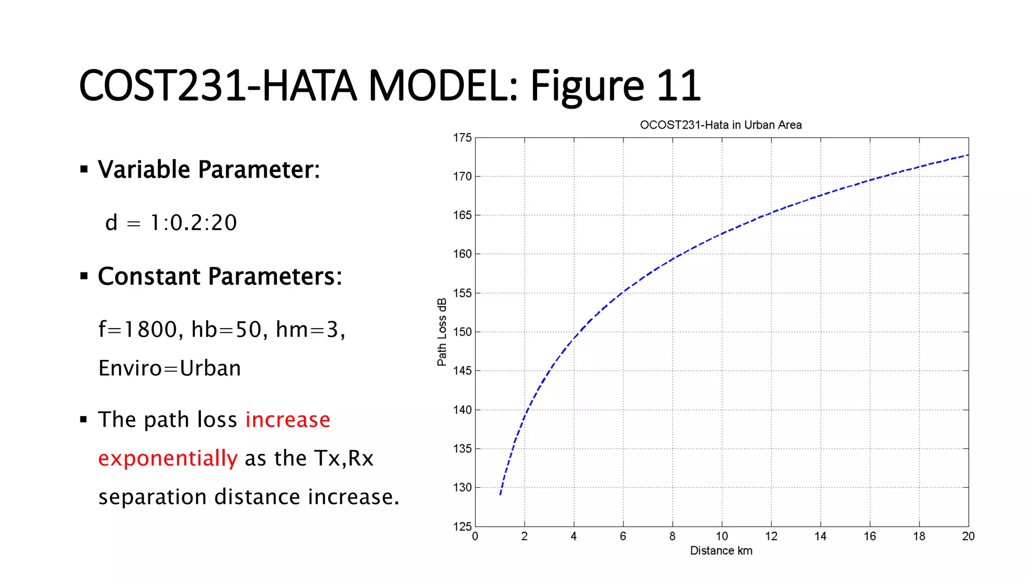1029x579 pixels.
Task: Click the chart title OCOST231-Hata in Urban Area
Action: click(x=721, y=125)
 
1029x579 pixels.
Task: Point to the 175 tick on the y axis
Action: click(x=462, y=138)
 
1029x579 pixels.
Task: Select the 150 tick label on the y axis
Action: click(x=462, y=332)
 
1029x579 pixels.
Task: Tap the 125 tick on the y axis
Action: click(x=462, y=526)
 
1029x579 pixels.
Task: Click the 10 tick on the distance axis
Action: click(x=722, y=536)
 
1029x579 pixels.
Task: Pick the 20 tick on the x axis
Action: click(x=968, y=536)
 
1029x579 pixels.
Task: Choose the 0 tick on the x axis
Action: click(x=475, y=536)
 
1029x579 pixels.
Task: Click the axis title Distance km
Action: click(x=721, y=551)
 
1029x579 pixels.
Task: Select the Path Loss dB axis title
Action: click(x=442, y=332)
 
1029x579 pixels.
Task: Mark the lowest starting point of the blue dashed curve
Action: click(x=500, y=495)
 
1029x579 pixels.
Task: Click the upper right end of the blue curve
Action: click(x=968, y=155)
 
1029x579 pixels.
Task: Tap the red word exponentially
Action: click(x=167, y=458)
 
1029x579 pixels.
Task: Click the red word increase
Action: click(x=287, y=420)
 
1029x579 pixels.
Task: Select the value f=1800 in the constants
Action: click(x=138, y=330)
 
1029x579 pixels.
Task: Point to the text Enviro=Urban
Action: click(x=169, y=368)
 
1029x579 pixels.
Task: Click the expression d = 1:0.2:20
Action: click(x=171, y=223)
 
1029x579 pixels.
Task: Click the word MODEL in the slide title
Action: click(x=442, y=86)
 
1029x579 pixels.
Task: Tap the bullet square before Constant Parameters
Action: click(x=84, y=276)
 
